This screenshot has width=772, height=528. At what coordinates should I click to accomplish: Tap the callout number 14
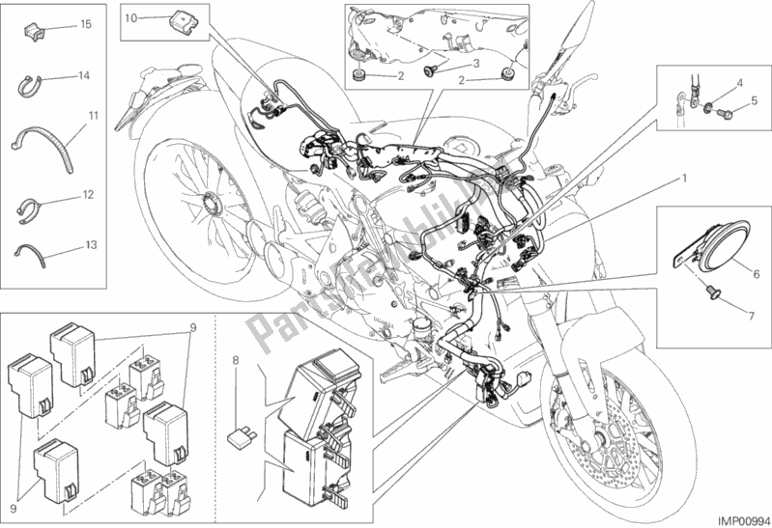[85, 75]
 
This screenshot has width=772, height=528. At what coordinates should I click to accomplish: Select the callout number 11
[94, 117]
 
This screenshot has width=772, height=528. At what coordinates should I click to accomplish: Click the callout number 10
[130, 17]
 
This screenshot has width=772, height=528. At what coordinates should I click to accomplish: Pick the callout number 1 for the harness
[685, 178]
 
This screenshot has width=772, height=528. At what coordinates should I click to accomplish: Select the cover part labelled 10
[179, 18]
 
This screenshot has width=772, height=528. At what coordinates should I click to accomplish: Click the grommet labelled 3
[431, 69]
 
